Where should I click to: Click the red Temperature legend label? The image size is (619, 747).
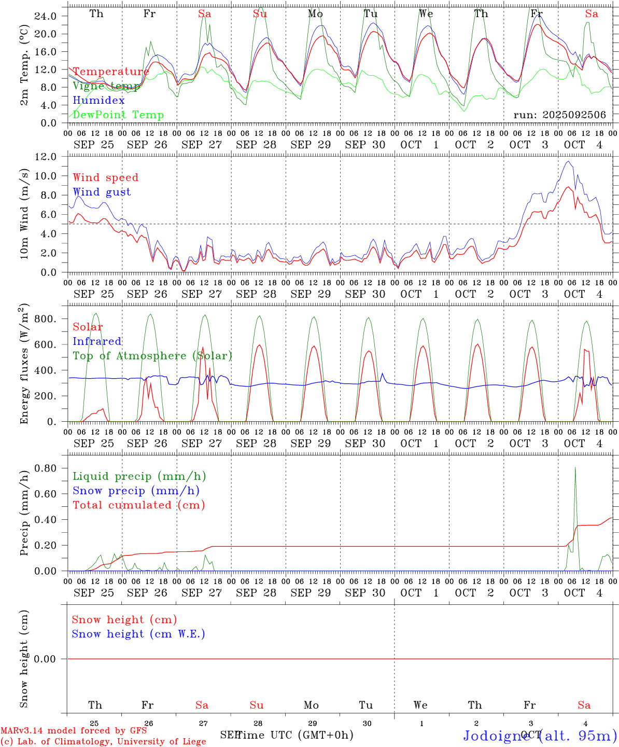click(111, 72)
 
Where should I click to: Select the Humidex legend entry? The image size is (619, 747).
click(99, 101)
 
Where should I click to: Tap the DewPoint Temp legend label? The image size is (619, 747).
click(118, 115)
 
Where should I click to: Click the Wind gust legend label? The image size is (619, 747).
click(102, 192)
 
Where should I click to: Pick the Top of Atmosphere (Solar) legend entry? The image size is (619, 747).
click(152, 356)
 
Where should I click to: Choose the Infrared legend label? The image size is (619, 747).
click(97, 341)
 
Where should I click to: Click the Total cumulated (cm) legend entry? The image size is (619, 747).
click(139, 505)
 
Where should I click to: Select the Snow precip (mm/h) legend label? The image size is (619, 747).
click(136, 491)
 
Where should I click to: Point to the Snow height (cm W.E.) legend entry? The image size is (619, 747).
click(138, 634)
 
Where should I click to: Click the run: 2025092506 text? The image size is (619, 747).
click(559, 115)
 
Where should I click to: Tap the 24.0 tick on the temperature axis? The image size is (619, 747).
click(45, 16)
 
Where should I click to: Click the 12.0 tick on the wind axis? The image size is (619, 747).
click(45, 157)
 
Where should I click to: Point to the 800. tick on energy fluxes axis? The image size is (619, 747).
click(45, 319)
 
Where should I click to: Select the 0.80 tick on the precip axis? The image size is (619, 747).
click(45, 468)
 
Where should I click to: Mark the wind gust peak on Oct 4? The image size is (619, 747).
click(569, 161)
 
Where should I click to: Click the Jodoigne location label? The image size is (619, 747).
click(539, 736)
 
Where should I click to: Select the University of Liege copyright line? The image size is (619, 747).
click(104, 741)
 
